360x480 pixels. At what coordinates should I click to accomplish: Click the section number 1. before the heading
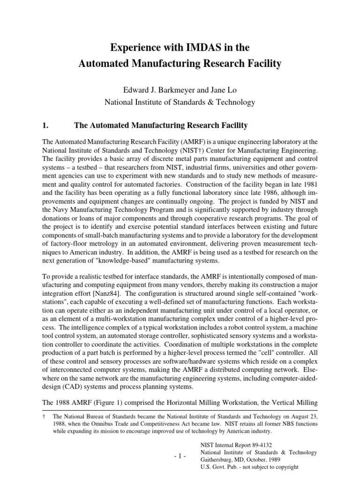45,126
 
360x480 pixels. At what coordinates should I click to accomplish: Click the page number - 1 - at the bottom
180,456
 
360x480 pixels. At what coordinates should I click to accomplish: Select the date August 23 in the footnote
303,416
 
